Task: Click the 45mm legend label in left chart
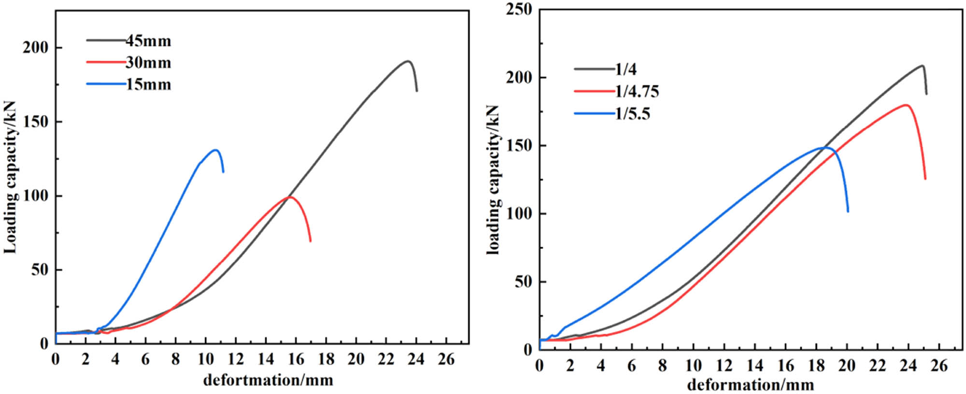(149, 41)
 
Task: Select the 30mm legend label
(149, 63)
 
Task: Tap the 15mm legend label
(149, 84)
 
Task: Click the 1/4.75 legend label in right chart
(637, 91)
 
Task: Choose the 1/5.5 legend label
(633, 113)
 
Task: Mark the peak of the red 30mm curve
(289, 197)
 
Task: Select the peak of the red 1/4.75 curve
(906, 105)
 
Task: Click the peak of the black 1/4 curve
(922, 65)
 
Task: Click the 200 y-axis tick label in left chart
(36, 47)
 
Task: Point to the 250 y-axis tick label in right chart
(519, 9)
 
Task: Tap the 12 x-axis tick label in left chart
(236, 359)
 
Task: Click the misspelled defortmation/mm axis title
(268, 380)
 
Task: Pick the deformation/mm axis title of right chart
(750, 385)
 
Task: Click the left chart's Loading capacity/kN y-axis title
(11, 177)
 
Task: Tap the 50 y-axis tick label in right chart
(524, 281)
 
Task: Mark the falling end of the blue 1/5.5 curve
(848, 211)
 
